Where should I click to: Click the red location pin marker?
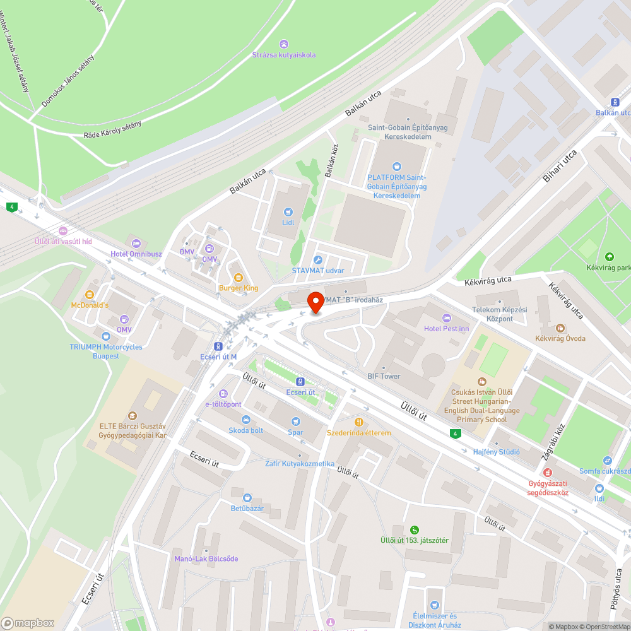click(x=315, y=302)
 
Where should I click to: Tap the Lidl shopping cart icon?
click(x=288, y=212)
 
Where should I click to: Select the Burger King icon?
click(x=239, y=277)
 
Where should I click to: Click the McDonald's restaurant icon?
click(x=90, y=294)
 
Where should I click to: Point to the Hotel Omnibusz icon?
click(x=135, y=243)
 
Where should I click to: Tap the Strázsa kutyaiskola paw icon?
click(x=285, y=44)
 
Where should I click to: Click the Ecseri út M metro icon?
click(x=218, y=346)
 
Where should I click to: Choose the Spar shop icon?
click(x=295, y=421)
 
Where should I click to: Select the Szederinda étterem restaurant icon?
click(x=359, y=422)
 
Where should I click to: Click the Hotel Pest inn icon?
click(x=447, y=317)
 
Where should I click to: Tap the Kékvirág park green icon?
click(x=609, y=256)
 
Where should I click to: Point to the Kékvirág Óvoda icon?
click(x=560, y=327)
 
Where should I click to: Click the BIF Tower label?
click(x=384, y=376)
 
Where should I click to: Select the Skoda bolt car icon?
click(x=245, y=420)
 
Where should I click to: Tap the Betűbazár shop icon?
click(x=247, y=497)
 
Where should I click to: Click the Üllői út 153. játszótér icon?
click(x=414, y=529)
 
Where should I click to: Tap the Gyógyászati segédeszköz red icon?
click(x=548, y=472)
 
